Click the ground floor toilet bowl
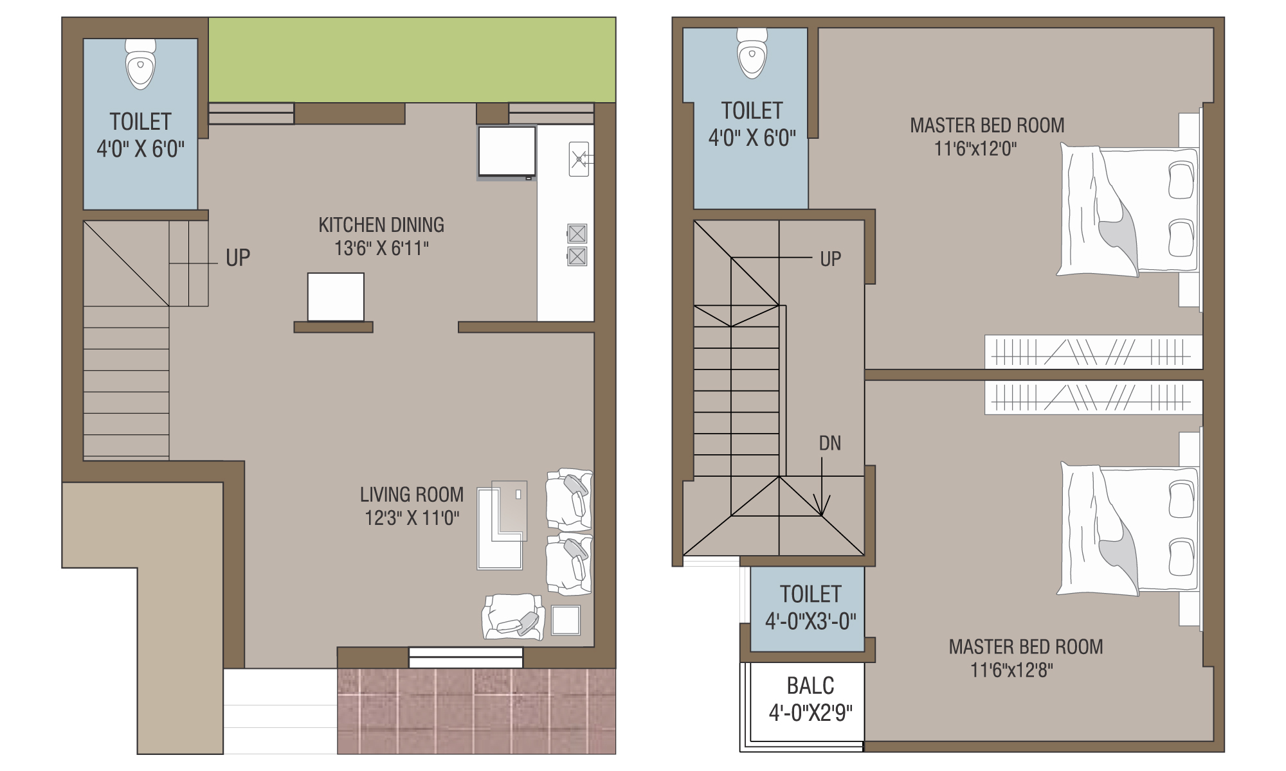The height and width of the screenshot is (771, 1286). (140, 64)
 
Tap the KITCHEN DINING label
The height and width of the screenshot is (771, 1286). (381, 225)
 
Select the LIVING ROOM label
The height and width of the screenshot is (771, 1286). (412, 494)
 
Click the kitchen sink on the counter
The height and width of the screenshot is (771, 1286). (579, 159)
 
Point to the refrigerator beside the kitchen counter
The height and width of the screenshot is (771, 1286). (507, 152)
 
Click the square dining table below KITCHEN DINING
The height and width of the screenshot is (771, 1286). (336, 297)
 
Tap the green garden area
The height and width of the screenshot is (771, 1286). (412, 60)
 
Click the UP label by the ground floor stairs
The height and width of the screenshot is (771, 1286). (238, 258)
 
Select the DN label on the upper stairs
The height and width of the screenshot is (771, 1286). (830, 443)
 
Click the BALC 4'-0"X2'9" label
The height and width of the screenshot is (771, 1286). (811, 699)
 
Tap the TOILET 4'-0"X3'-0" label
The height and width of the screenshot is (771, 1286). (811, 608)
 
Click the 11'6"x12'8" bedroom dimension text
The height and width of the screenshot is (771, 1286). (1011, 671)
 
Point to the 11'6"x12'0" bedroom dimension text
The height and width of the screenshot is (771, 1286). (975, 149)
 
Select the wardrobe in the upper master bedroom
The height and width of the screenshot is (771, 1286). (1093, 352)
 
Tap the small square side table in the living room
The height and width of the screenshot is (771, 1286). (566, 620)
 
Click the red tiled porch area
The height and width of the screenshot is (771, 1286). (476, 711)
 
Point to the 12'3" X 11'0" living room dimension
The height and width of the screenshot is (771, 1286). (412, 518)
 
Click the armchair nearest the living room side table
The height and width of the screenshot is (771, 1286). (513, 617)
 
